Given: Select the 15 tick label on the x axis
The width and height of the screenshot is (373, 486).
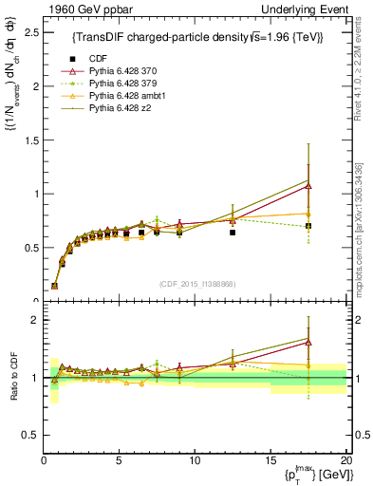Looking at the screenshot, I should [270, 459].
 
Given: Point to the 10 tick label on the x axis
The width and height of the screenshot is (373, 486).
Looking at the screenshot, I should [195, 459].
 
